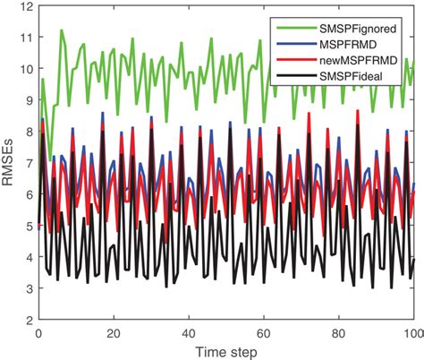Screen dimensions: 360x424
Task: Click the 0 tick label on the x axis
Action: click(x=38, y=332)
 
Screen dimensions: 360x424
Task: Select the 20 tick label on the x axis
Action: click(x=113, y=332)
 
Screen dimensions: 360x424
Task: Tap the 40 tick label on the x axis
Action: click(x=188, y=332)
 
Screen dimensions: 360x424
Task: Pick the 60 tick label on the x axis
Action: click(x=263, y=332)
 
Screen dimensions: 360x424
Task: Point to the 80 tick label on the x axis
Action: click(x=338, y=332)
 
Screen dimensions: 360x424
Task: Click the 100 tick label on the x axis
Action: click(x=411, y=332)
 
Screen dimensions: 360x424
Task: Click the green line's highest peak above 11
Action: click(x=61, y=30)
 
